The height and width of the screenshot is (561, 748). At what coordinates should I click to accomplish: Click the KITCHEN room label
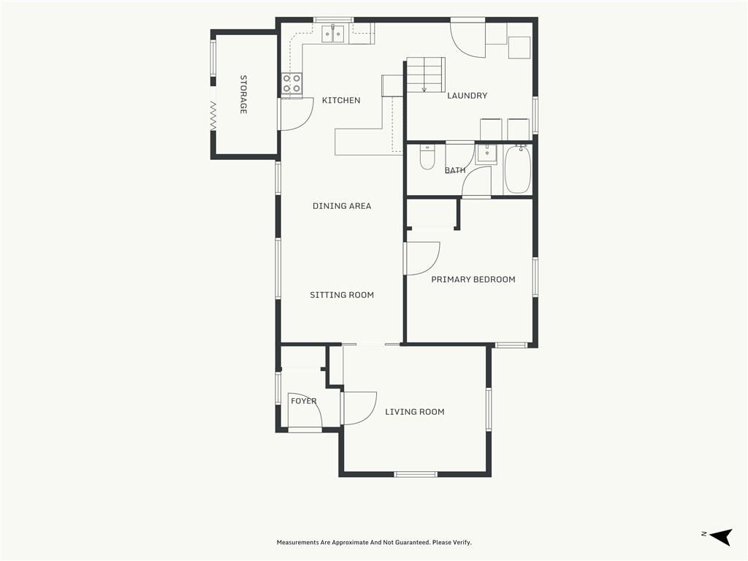[341, 100]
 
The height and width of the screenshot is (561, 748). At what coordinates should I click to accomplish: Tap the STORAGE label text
[243, 94]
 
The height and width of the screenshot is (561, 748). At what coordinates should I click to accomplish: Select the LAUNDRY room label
[467, 96]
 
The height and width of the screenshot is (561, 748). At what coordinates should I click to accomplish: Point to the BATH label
[455, 170]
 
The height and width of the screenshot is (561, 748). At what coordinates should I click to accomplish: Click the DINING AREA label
[342, 206]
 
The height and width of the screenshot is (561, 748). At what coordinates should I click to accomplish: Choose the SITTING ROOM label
[342, 295]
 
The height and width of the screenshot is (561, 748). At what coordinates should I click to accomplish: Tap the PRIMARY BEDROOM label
[473, 280]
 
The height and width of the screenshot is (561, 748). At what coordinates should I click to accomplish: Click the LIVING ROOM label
[415, 412]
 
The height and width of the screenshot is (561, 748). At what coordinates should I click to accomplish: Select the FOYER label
[304, 401]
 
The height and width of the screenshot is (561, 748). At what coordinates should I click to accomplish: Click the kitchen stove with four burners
[291, 83]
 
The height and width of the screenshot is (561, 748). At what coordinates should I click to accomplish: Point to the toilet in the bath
[427, 158]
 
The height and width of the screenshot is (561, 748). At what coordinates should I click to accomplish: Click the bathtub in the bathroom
[518, 169]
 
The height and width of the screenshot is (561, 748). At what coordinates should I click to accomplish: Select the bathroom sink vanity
[486, 153]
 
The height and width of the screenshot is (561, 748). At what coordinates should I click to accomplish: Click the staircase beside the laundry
[426, 75]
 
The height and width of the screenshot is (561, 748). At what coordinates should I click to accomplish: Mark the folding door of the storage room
[213, 115]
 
